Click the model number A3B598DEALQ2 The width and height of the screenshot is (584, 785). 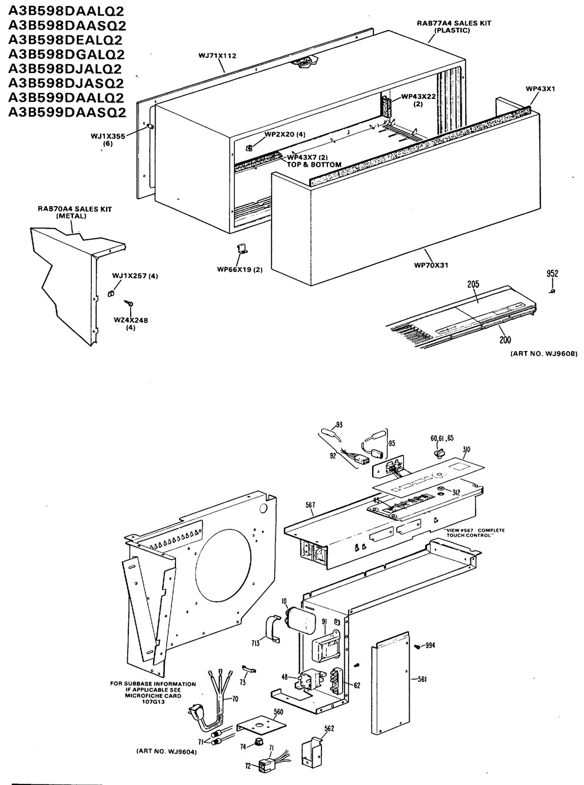65,40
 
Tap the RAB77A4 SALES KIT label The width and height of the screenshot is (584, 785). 454,23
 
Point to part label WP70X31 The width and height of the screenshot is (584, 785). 431,265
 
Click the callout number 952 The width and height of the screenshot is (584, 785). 552,273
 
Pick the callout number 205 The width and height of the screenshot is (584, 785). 473,284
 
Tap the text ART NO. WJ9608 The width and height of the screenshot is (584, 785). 543,353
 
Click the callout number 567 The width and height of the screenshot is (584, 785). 310,505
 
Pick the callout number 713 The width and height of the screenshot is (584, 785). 255,642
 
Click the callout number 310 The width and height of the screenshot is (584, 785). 466,450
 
